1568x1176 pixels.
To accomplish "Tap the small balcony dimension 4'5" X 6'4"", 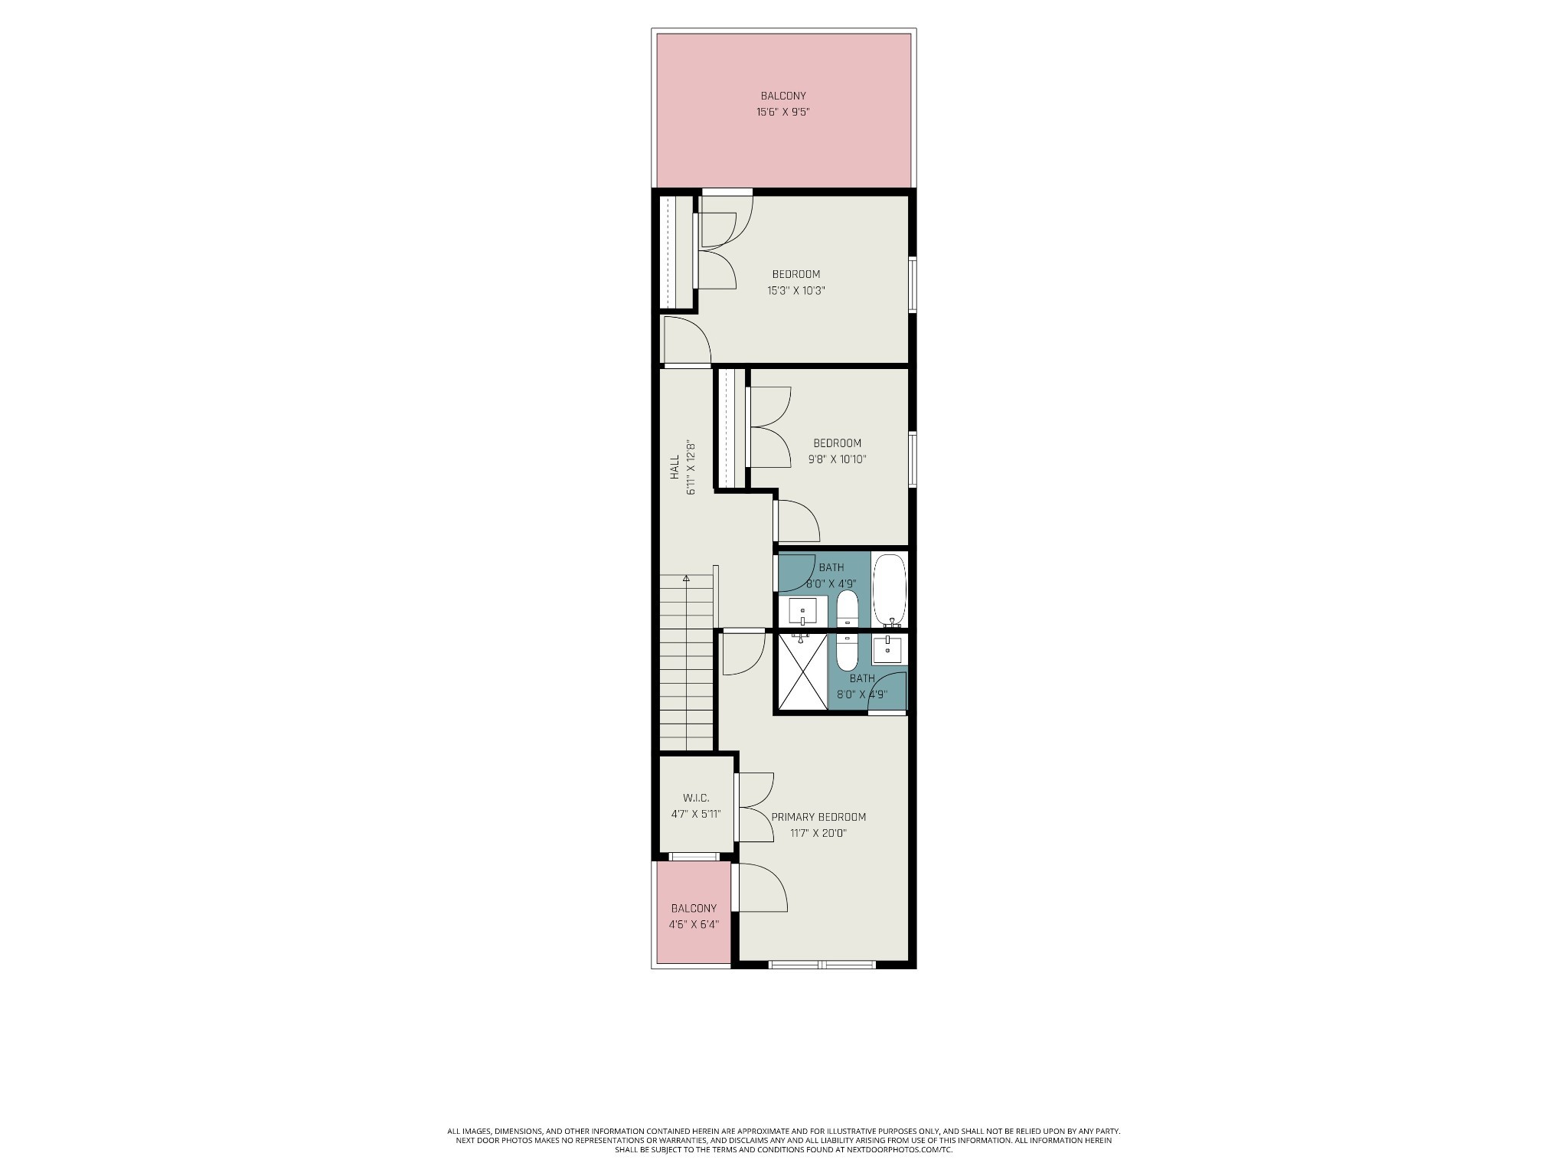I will click(x=694, y=924).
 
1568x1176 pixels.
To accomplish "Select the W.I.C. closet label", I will click(x=696, y=798).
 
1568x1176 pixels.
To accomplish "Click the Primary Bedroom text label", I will click(x=818, y=817).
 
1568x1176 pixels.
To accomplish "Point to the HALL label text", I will click(x=675, y=467).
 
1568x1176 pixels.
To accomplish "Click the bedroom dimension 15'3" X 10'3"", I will click(x=796, y=291).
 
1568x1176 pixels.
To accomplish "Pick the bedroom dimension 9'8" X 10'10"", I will click(x=838, y=459).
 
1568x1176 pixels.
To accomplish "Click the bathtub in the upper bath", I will click(x=889, y=590).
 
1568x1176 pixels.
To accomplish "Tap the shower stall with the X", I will click(x=802, y=671).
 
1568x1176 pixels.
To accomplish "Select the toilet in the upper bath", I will click(x=847, y=608).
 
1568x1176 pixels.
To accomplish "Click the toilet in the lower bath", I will click(x=847, y=652).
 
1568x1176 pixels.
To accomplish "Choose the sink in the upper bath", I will click(x=802, y=611).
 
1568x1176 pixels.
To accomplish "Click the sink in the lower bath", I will click(x=888, y=650).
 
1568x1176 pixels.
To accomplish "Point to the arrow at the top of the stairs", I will click(x=687, y=578).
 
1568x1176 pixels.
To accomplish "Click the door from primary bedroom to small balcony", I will click(x=759, y=888).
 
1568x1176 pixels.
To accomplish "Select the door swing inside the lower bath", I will click(x=888, y=691).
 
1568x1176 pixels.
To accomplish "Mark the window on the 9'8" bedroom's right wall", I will click(x=913, y=459).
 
